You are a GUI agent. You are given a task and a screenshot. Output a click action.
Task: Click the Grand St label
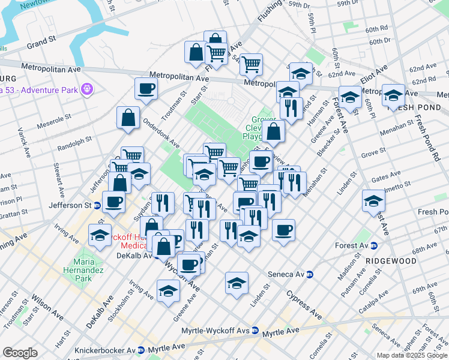(x=41, y=43)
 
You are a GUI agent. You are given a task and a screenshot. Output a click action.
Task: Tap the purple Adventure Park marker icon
(x=88, y=89)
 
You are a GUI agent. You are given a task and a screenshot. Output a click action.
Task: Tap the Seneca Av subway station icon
(x=310, y=275)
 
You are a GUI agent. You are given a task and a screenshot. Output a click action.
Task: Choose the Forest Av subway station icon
(x=373, y=245)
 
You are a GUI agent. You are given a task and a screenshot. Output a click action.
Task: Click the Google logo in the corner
(x=20, y=353)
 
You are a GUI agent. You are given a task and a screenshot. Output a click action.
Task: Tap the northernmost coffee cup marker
(x=146, y=89)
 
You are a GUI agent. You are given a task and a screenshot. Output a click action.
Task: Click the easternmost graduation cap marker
(x=394, y=95)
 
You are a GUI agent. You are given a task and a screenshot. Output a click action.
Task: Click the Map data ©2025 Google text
(x=412, y=355)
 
